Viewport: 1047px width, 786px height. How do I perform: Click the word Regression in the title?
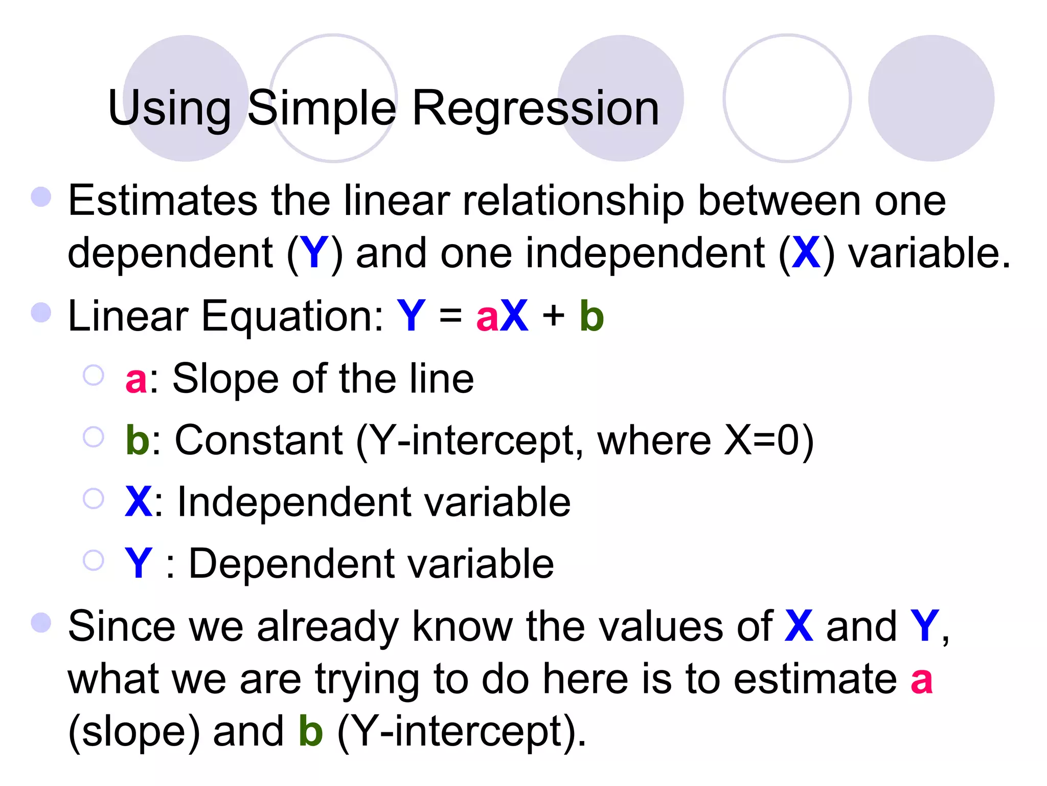[535, 108]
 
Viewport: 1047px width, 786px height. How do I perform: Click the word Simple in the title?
[322, 108]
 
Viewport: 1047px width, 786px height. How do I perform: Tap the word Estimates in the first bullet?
[163, 201]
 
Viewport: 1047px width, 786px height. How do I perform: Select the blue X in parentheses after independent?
[806, 253]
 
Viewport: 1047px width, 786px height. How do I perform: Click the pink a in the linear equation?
[487, 317]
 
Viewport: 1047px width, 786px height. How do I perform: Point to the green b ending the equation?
[591, 316]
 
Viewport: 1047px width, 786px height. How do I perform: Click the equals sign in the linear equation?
[450, 317]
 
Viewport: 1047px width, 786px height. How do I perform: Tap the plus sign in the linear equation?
[554, 316]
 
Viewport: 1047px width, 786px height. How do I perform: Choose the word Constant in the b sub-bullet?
[259, 441]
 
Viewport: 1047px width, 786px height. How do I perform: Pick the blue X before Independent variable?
[138, 502]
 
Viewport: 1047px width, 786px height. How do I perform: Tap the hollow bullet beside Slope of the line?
[94, 375]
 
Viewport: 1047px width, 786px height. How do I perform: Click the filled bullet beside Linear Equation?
[41, 312]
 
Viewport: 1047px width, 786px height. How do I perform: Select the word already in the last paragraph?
[327, 626]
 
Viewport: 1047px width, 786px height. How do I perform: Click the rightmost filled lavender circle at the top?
[931, 98]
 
